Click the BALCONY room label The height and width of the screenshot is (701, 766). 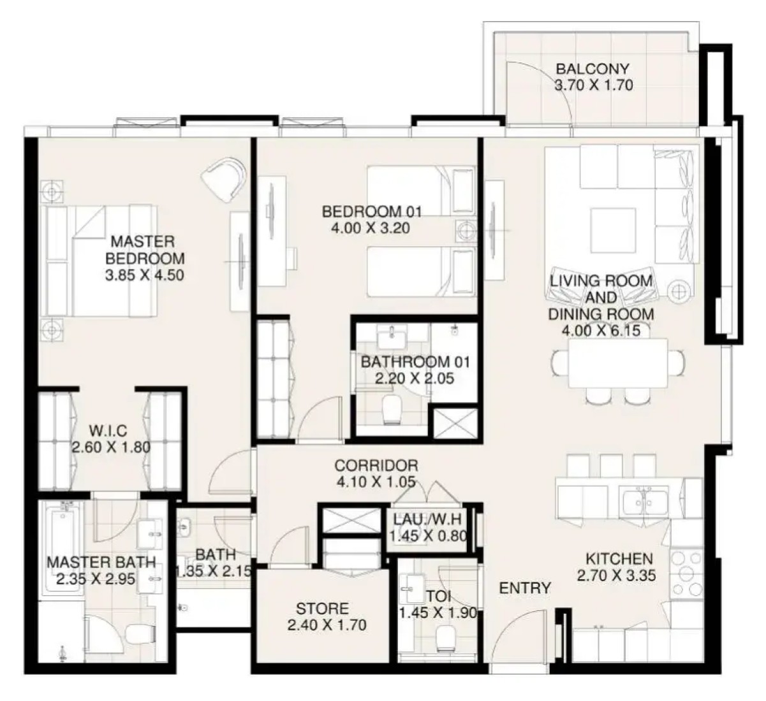point(593,69)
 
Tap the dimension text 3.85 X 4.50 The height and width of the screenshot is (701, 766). point(145,275)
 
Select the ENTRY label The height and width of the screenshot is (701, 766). point(525,588)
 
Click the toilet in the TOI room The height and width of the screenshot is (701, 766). point(446,639)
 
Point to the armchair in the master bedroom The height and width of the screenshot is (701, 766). point(223,178)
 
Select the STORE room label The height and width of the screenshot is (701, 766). point(322,609)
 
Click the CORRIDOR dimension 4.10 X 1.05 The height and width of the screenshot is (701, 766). point(376,482)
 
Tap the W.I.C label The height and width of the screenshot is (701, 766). point(108,431)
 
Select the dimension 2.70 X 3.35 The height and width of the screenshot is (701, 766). point(616,575)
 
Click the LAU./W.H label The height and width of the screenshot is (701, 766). point(427,519)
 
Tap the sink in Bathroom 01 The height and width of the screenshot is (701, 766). point(392,337)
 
